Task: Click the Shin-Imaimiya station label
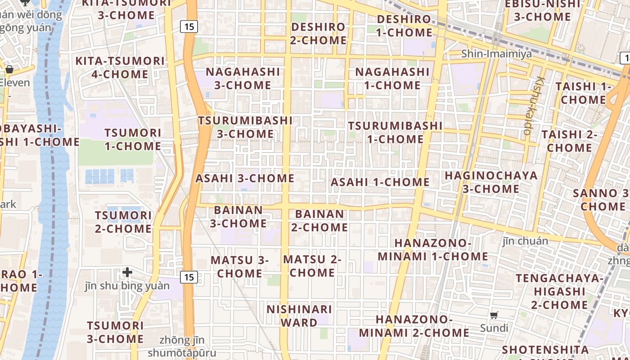(x=496, y=54)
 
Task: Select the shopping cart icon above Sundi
(x=494, y=315)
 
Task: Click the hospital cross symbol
(x=127, y=272)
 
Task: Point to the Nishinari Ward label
(x=299, y=316)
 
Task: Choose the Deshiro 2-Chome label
(x=319, y=33)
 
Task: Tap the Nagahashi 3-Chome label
(x=243, y=78)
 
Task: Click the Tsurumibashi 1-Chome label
(x=395, y=132)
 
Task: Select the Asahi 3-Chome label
(x=245, y=178)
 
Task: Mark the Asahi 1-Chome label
(x=380, y=182)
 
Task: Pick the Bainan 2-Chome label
(x=319, y=220)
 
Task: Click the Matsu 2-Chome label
(x=312, y=266)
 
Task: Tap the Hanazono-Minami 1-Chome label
(x=433, y=250)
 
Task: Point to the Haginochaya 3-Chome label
(x=491, y=182)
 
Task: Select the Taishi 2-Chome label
(x=569, y=141)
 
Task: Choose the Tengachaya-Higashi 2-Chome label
(x=559, y=291)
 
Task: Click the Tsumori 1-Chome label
(x=133, y=139)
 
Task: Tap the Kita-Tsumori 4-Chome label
(x=120, y=67)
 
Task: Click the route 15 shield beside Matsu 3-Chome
(x=189, y=277)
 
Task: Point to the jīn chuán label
(x=525, y=241)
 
